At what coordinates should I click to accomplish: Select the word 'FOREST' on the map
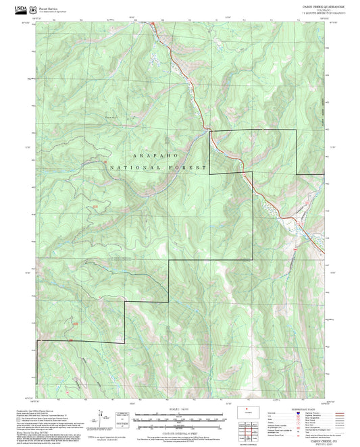[187, 167]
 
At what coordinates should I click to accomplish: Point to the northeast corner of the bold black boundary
[297, 130]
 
